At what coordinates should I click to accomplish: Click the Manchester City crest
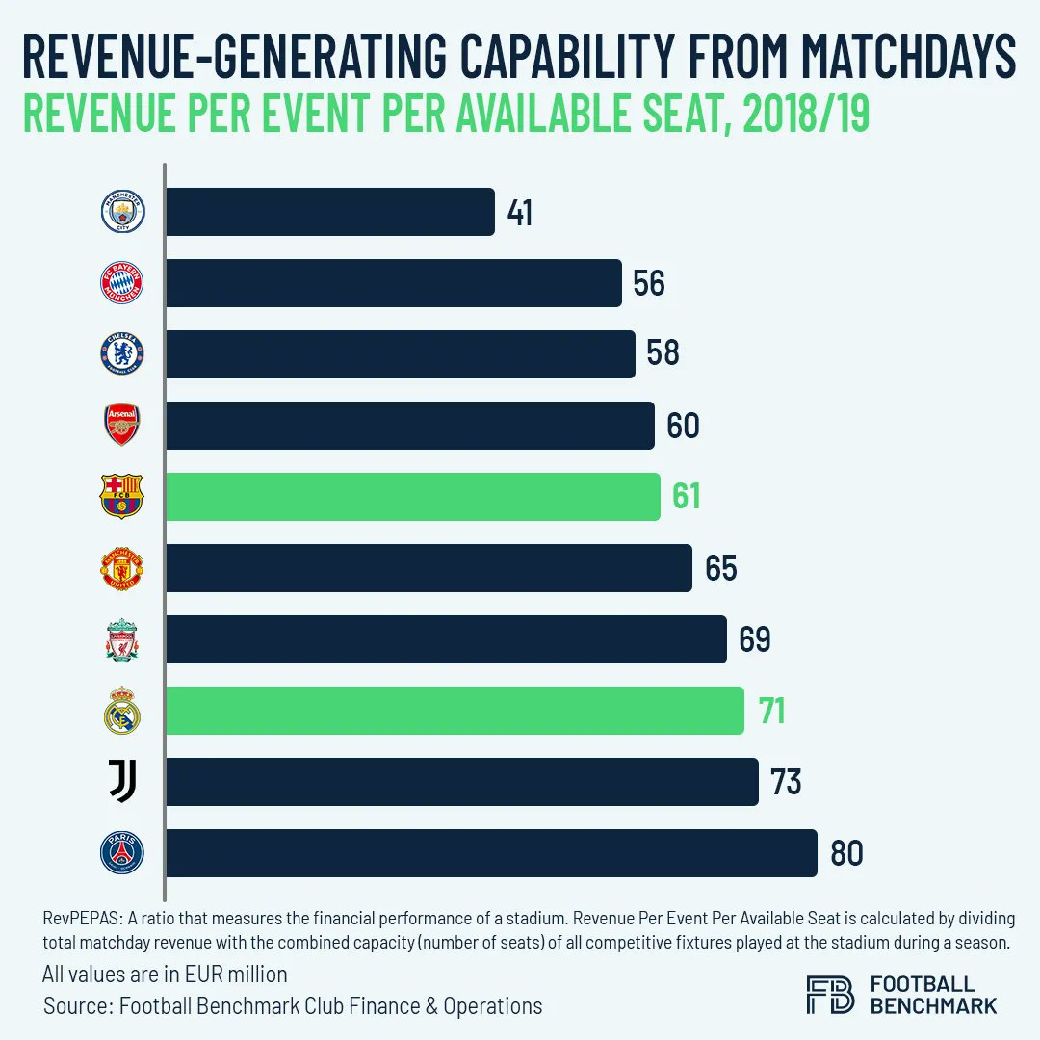point(122,212)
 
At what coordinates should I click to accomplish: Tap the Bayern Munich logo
point(122,283)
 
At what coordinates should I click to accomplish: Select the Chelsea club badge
point(122,354)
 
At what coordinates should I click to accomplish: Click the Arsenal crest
point(122,425)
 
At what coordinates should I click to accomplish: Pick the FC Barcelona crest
point(122,497)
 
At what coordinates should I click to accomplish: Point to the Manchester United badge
point(122,568)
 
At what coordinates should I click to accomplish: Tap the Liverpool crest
point(122,639)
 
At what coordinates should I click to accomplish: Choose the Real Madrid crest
point(122,711)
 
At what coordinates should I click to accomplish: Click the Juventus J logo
point(122,782)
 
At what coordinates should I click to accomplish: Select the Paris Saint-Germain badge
point(122,853)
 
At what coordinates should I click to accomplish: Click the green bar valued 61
point(413,497)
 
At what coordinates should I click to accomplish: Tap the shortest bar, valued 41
point(330,212)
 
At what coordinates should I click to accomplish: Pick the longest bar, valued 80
point(491,853)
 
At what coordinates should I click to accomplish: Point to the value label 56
point(649,284)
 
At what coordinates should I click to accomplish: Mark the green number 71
point(770,712)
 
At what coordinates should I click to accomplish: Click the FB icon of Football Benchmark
point(830,995)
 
